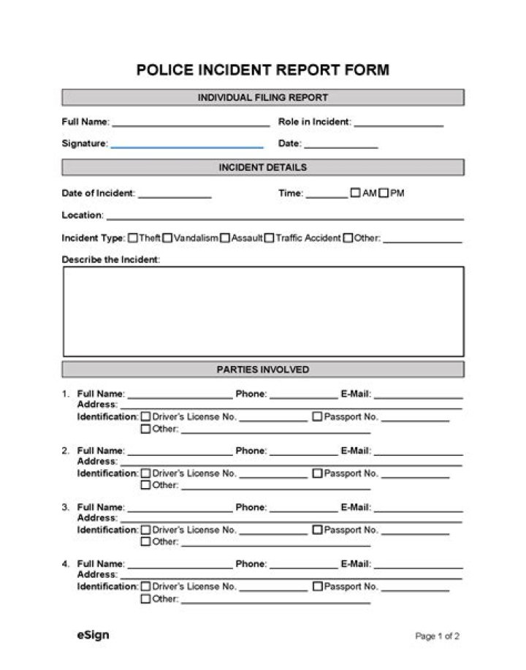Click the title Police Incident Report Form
(262, 70)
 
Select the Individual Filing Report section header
(262, 97)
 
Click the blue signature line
(187, 145)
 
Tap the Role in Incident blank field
(399, 124)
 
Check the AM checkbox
(356, 194)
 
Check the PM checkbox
(384, 194)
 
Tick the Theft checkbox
(133, 237)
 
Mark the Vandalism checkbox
(167, 237)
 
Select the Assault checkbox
(225, 237)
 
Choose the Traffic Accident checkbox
(270, 237)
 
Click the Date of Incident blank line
(175, 196)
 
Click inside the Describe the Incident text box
(262, 311)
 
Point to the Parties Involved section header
(262, 369)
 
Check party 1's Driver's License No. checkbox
(145, 416)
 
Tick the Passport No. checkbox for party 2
(317, 473)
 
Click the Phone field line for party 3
(303, 509)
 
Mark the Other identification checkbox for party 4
(145, 599)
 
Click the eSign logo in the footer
(93, 635)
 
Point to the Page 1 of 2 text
(437, 636)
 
